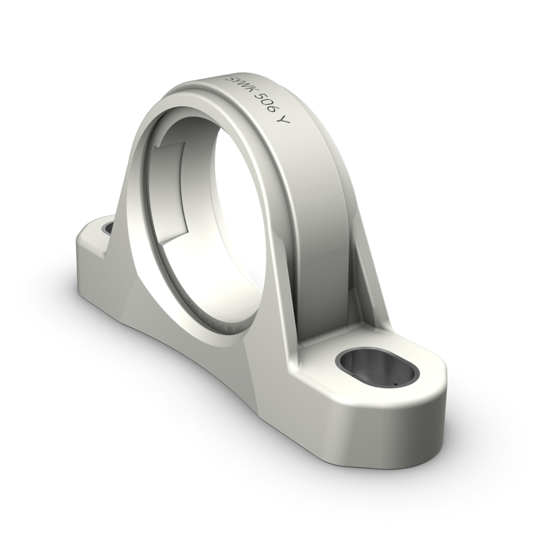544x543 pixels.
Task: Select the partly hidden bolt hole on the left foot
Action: [x=109, y=228]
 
